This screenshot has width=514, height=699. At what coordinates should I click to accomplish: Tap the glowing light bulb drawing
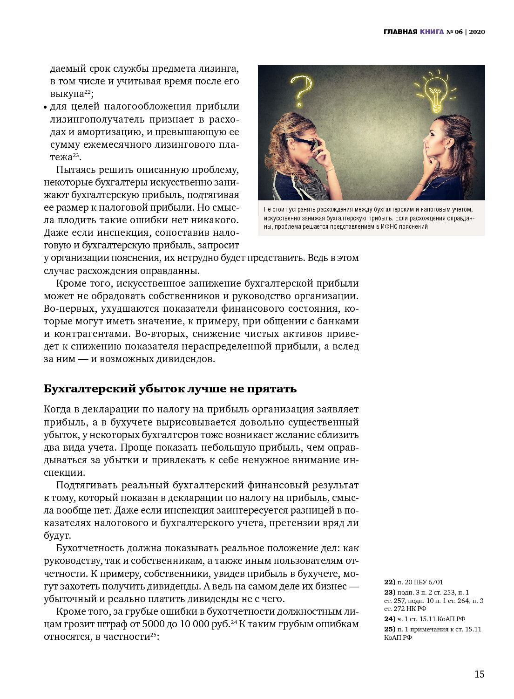pos(435,91)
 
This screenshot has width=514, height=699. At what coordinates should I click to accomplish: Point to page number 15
pos(479,674)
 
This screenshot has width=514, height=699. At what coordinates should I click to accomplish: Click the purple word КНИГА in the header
pos(432,32)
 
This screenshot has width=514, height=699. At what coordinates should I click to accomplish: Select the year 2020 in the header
pos(477,32)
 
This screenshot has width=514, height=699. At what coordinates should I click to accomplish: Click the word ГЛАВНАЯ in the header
pos(400,32)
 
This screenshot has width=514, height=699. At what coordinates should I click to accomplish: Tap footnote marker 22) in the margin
pos(390,582)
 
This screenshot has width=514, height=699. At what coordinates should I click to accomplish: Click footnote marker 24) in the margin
pos(390,619)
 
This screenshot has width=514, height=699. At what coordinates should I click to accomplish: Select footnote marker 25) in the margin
pos(390,629)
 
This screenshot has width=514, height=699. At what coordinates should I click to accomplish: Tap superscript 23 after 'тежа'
pos(76,155)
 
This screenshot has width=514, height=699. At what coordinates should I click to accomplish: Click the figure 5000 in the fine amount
pos(154,624)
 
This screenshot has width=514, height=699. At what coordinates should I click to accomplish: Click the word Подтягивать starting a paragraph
pos(87,485)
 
